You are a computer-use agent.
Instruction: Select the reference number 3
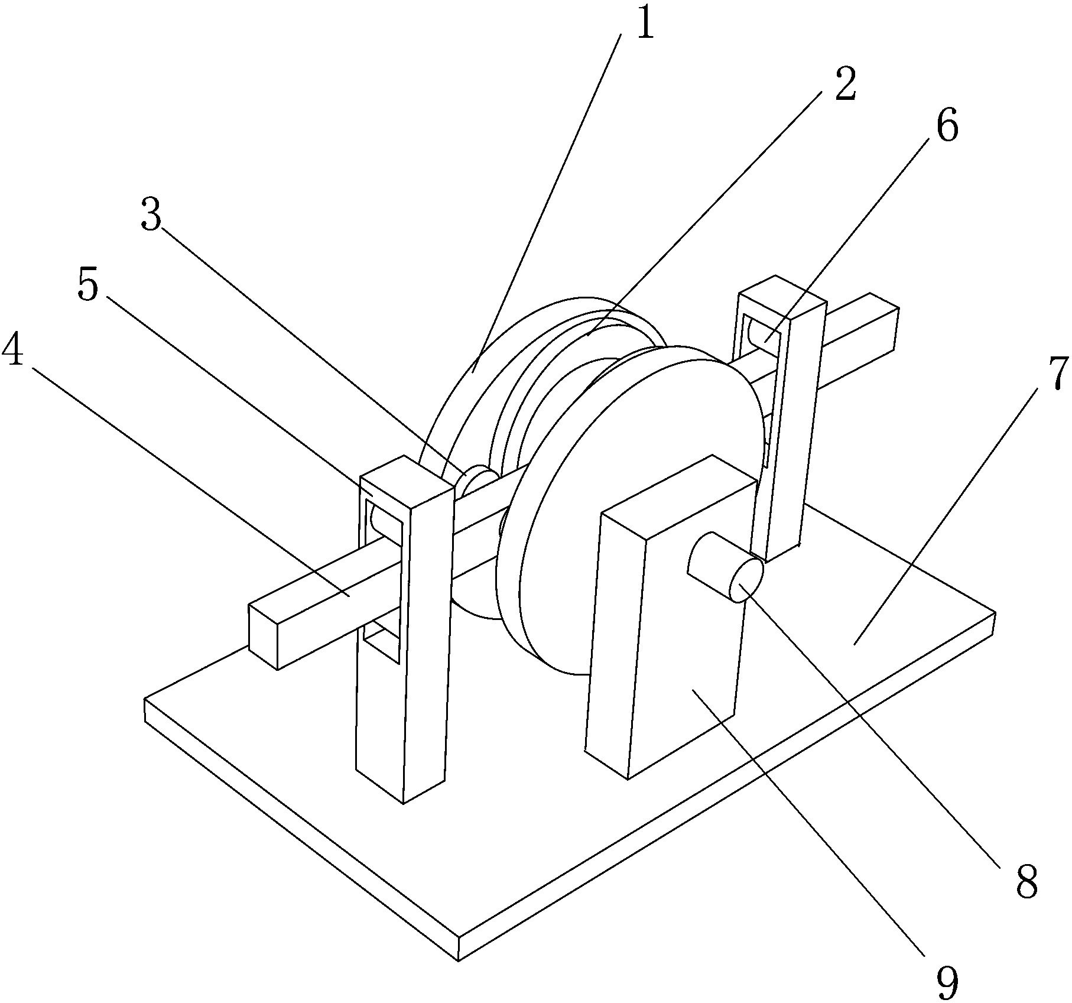click(x=152, y=216)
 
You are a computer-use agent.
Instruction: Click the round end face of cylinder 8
click(x=748, y=581)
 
